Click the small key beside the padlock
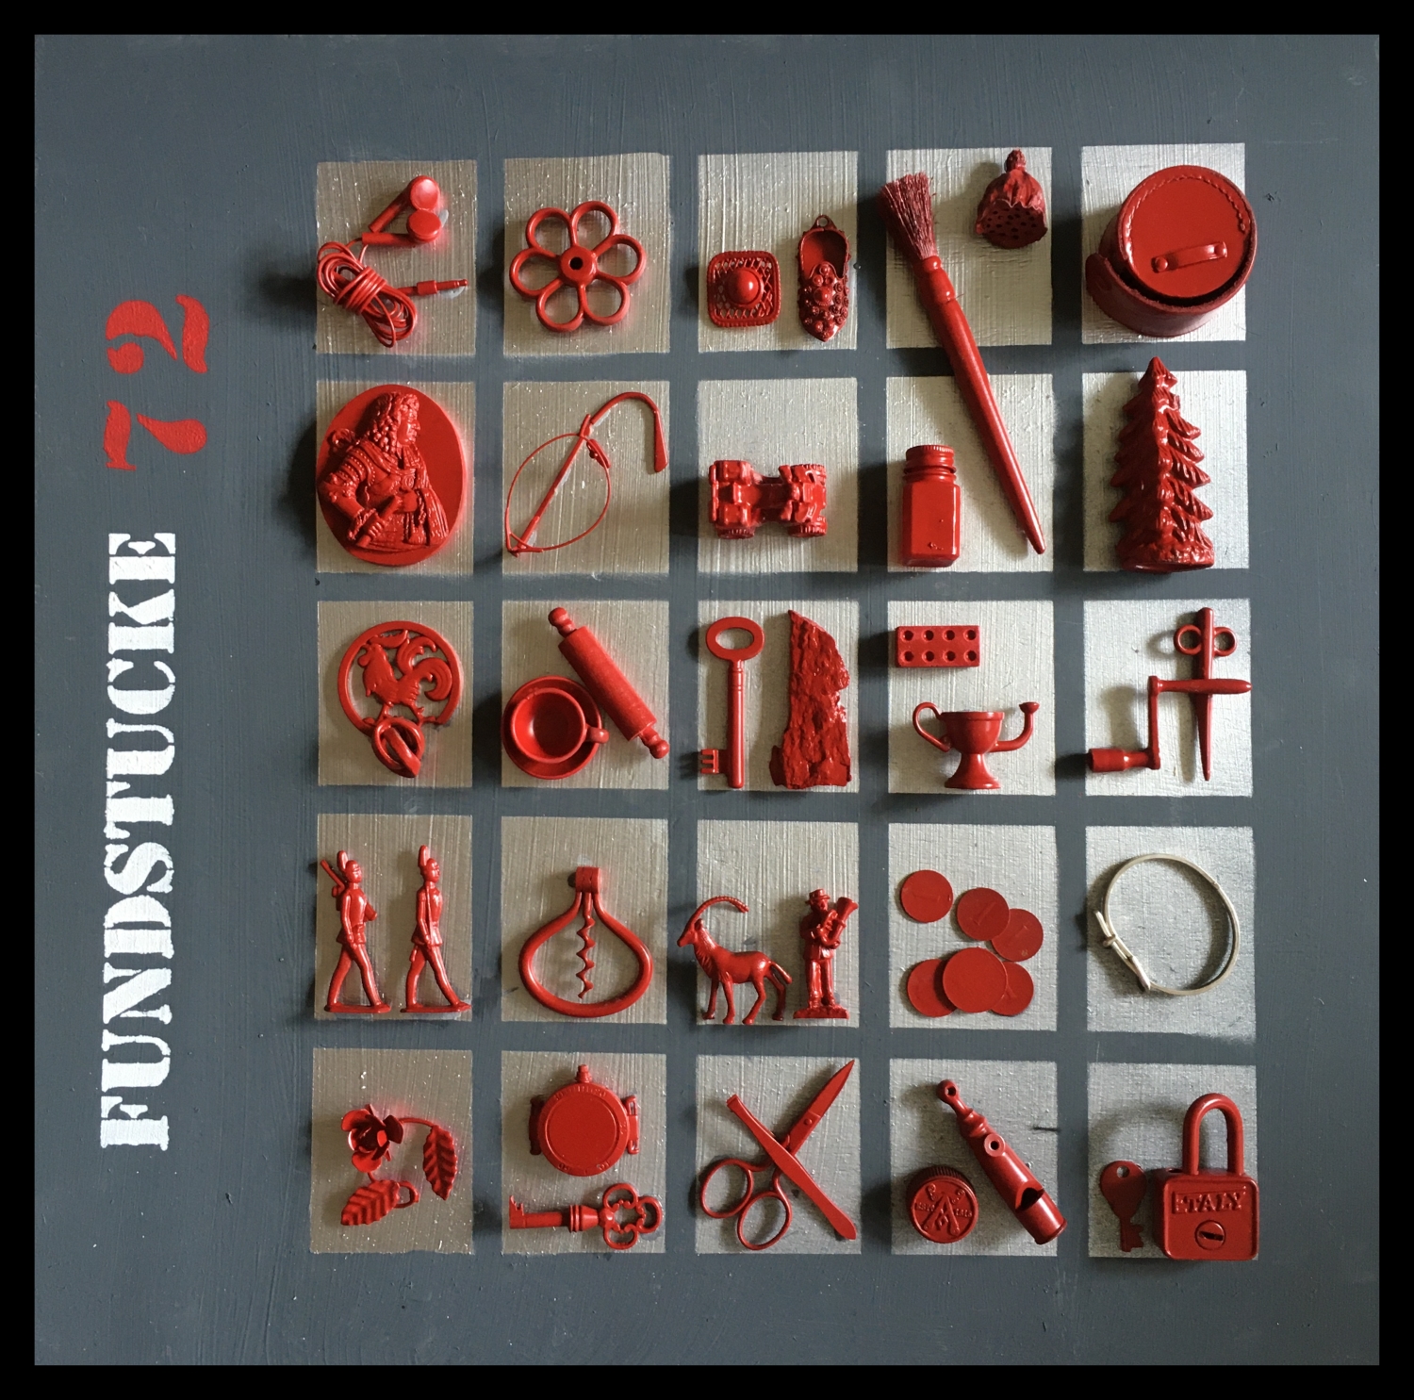1126,1203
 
